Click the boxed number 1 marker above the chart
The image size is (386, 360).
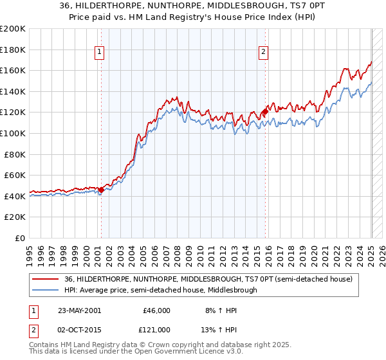point(100,53)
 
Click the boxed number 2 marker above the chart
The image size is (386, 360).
point(264,53)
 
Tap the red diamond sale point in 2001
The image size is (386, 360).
point(101,190)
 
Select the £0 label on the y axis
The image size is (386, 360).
point(19,238)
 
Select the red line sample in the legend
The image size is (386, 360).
point(45,280)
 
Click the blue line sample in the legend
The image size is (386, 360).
point(45,290)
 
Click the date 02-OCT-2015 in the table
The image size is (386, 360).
point(78,330)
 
